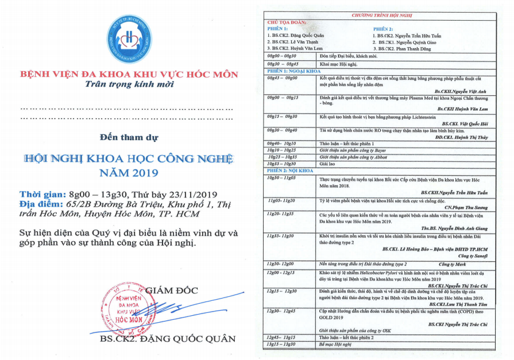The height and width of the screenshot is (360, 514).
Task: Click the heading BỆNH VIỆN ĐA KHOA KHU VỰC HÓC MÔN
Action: click(127, 74)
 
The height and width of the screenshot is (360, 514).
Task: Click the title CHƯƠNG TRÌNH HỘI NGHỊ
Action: click(378, 16)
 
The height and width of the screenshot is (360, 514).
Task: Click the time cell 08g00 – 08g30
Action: click(282, 56)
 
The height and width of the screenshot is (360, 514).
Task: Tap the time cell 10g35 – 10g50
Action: click(282, 164)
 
